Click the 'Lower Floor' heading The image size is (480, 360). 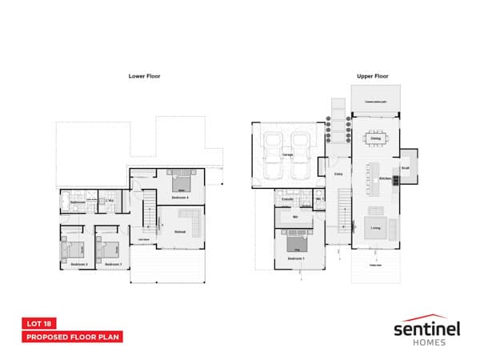click(144, 77)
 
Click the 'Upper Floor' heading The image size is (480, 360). click(372, 77)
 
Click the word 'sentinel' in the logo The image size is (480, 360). click(424, 328)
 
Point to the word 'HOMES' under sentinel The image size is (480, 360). click(425, 342)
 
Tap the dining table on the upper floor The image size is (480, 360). click(375, 140)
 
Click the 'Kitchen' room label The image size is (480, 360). click(383, 178)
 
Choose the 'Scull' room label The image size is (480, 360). click(406, 169)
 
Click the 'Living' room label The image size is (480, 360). click(375, 229)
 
